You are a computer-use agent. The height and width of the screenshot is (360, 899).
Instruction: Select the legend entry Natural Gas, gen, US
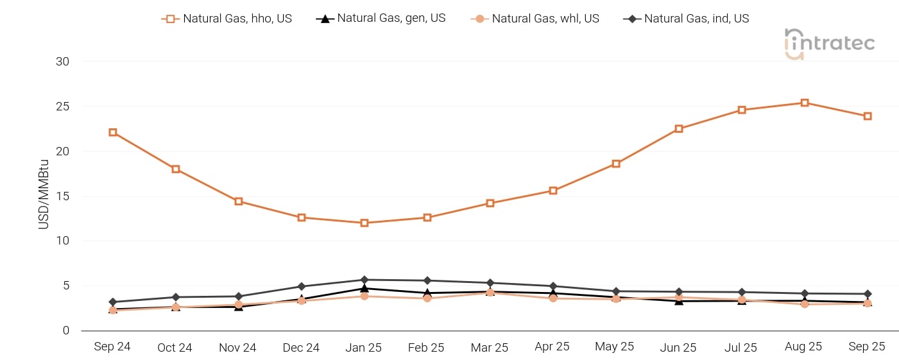381,19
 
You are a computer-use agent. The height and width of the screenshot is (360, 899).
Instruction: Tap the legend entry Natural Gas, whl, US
535,19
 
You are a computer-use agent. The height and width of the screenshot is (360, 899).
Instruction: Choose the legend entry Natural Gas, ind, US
687,19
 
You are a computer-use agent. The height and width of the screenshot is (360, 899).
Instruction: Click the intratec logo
829,44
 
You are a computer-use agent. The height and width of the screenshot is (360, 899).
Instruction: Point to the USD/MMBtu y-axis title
44,196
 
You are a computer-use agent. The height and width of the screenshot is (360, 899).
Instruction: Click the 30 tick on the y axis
62,62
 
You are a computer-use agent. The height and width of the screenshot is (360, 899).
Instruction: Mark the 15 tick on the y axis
62,196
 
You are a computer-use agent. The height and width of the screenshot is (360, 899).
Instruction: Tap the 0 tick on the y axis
65,330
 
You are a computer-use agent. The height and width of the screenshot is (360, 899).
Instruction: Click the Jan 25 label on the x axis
364,347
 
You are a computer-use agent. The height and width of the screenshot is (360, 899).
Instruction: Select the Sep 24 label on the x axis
112,347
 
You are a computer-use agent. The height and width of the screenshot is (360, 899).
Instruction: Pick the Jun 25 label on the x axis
678,347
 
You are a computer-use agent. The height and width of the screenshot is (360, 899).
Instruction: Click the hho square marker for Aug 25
805,103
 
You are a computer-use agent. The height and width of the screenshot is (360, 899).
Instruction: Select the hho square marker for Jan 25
364,223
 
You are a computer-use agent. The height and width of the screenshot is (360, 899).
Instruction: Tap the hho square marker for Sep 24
113,132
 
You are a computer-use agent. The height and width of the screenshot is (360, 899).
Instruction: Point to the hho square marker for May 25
616,164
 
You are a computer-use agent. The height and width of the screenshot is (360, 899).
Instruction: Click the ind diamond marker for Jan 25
364,280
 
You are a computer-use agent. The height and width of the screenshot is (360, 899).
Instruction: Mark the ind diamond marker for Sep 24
113,302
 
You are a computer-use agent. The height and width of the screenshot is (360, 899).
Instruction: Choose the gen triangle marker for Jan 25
364,288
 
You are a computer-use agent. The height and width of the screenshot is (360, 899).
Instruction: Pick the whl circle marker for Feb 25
427,298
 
